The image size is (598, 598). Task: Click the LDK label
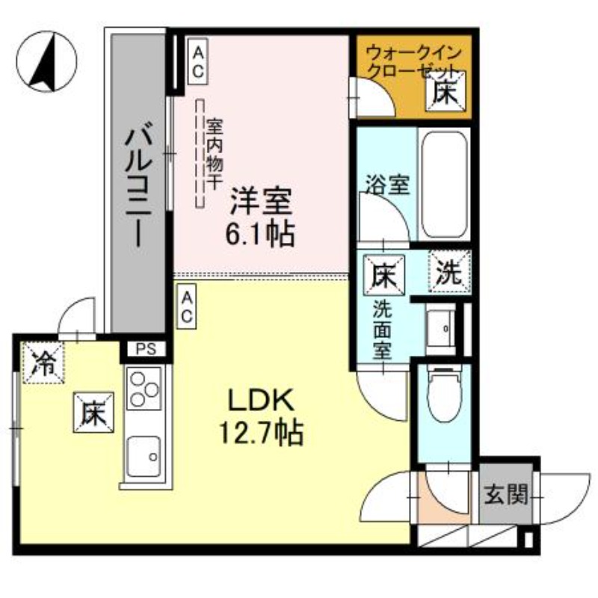[259, 402]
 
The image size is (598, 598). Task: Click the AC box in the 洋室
[198, 62]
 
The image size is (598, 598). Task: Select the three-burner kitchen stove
[144, 389]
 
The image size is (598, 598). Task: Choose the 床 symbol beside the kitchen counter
[93, 413]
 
